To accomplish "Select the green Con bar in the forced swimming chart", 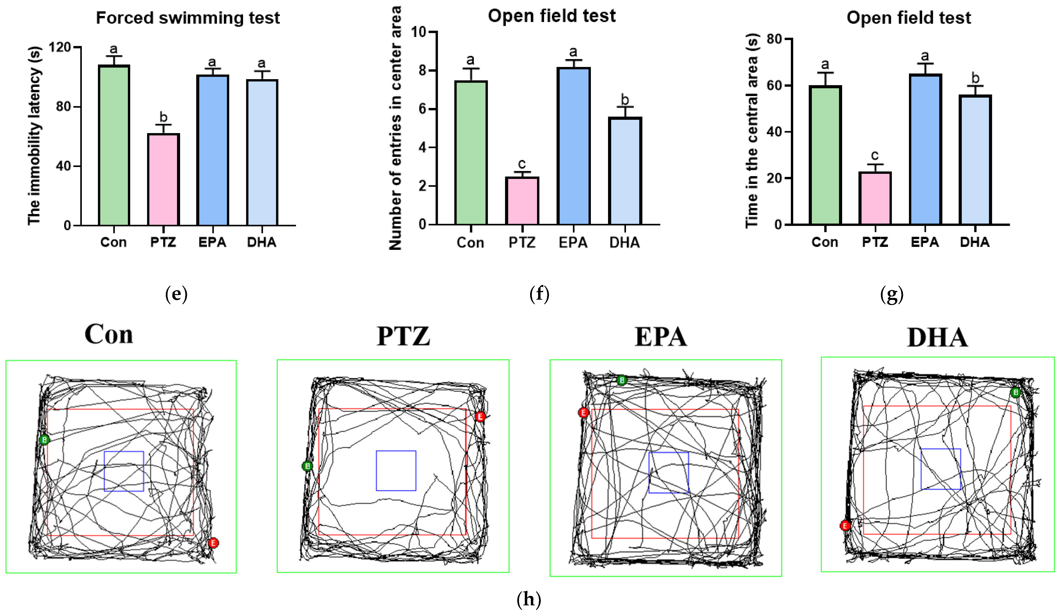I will pyautogui.click(x=114, y=145).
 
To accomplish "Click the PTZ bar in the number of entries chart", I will pyautogui.click(x=522, y=201).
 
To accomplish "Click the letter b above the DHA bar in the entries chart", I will pyautogui.click(x=625, y=100).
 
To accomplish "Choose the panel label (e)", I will pyautogui.click(x=176, y=294).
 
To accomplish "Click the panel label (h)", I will pyautogui.click(x=529, y=599).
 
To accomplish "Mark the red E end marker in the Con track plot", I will pyautogui.click(x=213, y=543).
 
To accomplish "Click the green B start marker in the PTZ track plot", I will pyautogui.click(x=307, y=466).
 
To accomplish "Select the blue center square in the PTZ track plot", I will pyautogui.click(x=396, y=471).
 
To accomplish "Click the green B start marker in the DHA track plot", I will pyautogui.click(x=1015, y=392).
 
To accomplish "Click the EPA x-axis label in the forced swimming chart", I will pyautogui.click(x=213, y=242).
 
